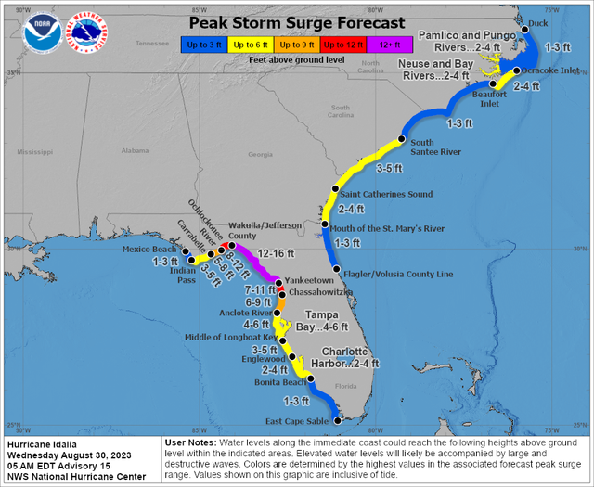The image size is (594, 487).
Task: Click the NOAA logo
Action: (39, 29)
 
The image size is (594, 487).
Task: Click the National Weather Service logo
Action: (88, 29)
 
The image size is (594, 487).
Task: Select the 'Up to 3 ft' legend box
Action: (202, 44)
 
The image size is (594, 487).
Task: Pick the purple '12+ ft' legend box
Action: (383, 44)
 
